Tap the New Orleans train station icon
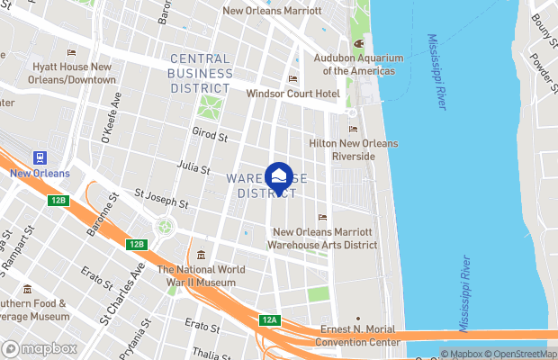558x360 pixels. coord(40,157)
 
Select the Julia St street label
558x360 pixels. coord(194,167)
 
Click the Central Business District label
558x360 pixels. coord(200,73)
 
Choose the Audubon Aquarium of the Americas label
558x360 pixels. coord(359,64)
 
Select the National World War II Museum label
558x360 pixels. coord(196,275)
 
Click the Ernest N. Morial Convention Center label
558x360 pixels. coord(358,337)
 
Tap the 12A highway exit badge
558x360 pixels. coord(270,320)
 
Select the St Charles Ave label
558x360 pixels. coord(122,292)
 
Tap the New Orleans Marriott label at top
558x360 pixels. coord(271,12)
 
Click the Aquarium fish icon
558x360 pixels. coord(358,42)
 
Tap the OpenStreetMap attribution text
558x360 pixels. coord(523,354)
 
